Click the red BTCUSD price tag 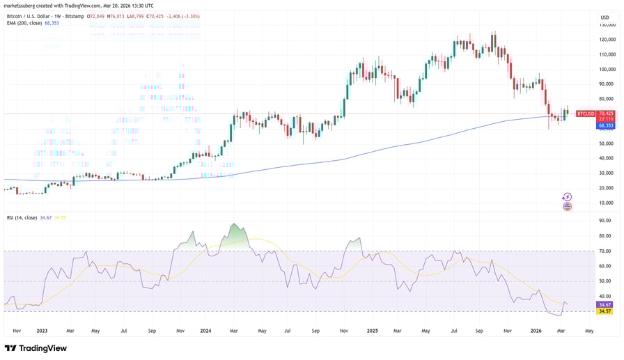pyautogui.click(x=586, y=114)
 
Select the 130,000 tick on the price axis pyautogui.click(x=607, y=24)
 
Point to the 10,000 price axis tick pyautogui.click(x=607, y=203)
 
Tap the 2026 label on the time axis pyautogui.click(x=534, y=331)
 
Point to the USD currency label pyautogui.click(x=604, y=17)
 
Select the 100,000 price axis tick pyautogui.click(x=607, y=69)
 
